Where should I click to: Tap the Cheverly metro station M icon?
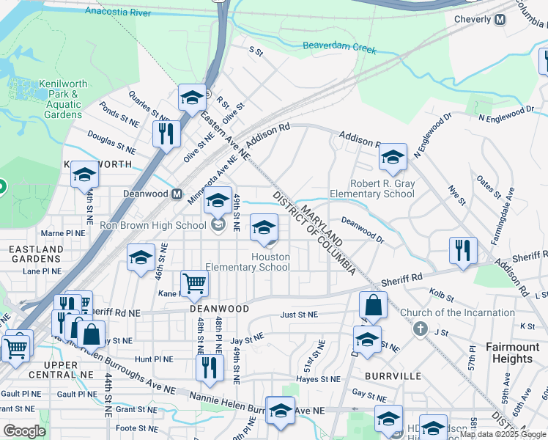pyautogui.click(x=501, y=20)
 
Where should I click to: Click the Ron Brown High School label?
pyautogui.click(x=153, y=226)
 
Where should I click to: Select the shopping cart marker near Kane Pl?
pyautogui.click(x=194, y=284)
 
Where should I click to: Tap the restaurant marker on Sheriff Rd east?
pyautogui.click(x=463, y=251)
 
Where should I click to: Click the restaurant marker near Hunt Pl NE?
pyautogui.click(x=210, y=368)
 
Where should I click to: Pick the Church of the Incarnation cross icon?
pyautogui.click(x=420, y=329)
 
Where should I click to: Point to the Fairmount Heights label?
pyautogui.click(x=512, y=353)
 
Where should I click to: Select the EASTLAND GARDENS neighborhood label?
pyautogui.click(x=36, y=254)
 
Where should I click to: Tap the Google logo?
pyautogui.click(x=24, y=431)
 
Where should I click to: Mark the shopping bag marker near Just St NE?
pyautogui.click(x=373, y=307)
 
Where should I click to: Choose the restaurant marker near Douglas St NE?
pyautogui.click(x=166, y=134)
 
